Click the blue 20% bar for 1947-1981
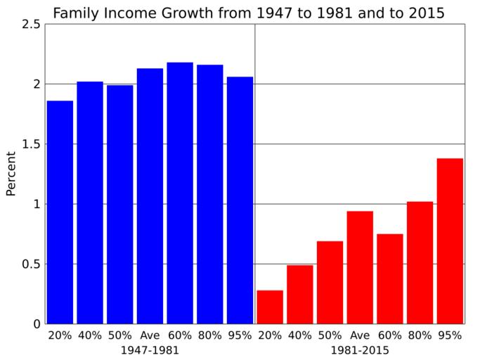coord(60,212)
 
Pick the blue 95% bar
coord(240,200)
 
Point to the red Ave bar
coord(360,267)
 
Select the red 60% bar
coord(390,278)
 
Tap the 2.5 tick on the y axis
coord(30,24)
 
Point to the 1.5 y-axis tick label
coord(30,144)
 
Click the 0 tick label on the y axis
coord(35,324)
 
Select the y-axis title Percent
coord(11,174)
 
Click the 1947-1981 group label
coord(149,349)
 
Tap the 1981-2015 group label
coord(360,349)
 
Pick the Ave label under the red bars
coord(360,335)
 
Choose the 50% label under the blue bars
coord(119,335)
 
